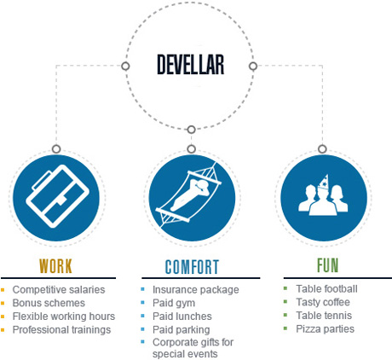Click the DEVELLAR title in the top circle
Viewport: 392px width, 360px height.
(191, 65)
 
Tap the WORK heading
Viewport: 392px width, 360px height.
(55, 266)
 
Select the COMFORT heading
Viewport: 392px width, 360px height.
(192, 267)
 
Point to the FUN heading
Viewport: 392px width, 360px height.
(327, 265)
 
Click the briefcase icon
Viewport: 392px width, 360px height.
(57, 196)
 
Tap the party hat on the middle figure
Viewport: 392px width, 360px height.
(324, 182)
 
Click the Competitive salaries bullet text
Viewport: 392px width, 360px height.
(59, 289)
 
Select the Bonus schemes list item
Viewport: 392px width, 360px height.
(49, 303)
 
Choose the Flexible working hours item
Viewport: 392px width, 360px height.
(64, 316)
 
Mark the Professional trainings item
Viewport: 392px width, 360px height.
(61, 329)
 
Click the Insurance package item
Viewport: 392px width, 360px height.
(196, 289)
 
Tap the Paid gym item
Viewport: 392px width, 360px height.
(174, 303)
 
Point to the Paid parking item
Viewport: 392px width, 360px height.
(182, 329)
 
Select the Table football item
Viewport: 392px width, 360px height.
(326, 288)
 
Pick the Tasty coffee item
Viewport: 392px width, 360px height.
(323, 302)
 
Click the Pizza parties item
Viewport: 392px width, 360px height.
(326, 328)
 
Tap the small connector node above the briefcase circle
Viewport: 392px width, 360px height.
(56, 148)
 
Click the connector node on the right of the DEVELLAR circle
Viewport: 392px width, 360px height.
(253, 67)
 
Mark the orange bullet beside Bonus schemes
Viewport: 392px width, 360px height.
(3, 303)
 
